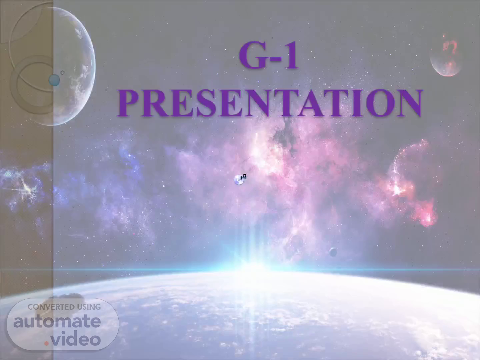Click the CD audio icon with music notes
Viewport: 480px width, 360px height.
240,179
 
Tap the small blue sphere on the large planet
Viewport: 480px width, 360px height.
54,80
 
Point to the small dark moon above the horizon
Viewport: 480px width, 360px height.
333,252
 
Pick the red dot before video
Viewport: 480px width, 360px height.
46,344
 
